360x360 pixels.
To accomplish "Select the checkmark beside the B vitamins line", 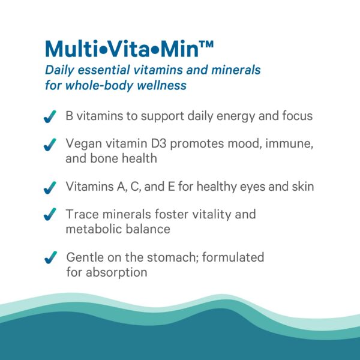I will pos(50,116).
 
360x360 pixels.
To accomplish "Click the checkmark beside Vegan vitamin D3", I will pos(50,145).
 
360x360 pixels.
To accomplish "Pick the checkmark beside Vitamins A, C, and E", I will pos(50,187).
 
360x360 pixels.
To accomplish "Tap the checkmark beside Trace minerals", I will pos(50,215).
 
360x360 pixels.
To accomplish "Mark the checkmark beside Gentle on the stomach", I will pos(50,258).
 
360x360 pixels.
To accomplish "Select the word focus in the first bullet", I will pos(296,116).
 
